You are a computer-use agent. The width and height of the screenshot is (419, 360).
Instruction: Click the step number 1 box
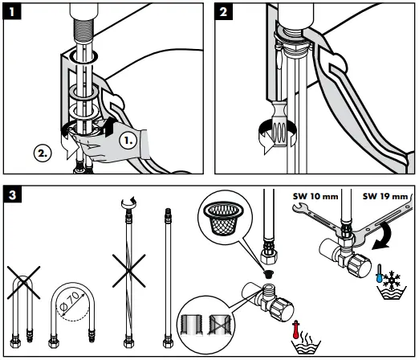[12, 11]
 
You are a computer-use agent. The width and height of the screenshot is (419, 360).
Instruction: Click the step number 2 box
[223, 11]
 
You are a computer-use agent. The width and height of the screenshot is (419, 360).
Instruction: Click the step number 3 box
[12, 194]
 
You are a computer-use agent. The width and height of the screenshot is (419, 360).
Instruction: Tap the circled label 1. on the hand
[128, 140]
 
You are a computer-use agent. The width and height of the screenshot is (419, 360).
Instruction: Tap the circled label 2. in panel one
[43, 153]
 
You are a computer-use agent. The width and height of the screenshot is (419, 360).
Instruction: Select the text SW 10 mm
[315, 196]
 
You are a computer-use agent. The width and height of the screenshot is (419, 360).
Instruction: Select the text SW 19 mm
[385, 196]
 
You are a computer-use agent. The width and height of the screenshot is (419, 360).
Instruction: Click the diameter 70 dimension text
[70, 301]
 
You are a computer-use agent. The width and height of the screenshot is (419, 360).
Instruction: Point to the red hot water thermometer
[295, 329]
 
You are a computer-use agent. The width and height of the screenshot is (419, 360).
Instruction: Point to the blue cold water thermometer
[380, 273]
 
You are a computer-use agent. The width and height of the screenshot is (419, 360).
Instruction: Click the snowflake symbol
[392, 280]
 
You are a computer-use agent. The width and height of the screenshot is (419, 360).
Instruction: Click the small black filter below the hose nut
[268, 274]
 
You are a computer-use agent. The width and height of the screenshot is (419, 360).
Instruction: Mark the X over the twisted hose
[129, 271]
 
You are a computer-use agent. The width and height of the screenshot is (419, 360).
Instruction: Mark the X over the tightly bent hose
[23, 283]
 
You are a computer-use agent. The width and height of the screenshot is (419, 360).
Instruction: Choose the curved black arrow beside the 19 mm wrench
[382, 236]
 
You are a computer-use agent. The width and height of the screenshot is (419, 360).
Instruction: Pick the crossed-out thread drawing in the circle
[220, 325]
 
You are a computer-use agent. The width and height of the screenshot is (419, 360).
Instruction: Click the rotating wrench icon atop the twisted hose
[128, 202]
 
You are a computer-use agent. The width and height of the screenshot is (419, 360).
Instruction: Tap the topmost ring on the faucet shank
[83, 57]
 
